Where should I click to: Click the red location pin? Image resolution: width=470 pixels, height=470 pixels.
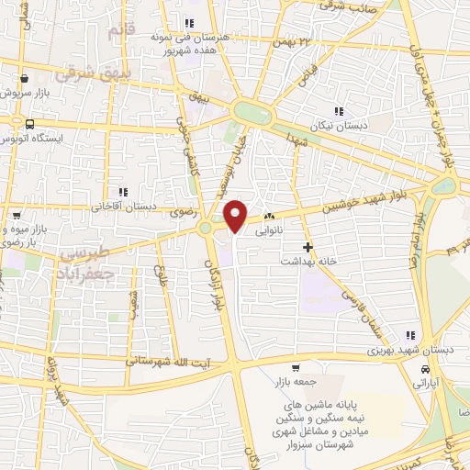coord(236,215)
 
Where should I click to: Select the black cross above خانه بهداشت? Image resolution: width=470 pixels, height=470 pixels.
coord(308,247)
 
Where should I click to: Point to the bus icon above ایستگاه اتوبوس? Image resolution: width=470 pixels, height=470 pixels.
coord(29,124)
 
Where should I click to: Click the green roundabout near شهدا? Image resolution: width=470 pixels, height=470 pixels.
coord(253,113)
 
